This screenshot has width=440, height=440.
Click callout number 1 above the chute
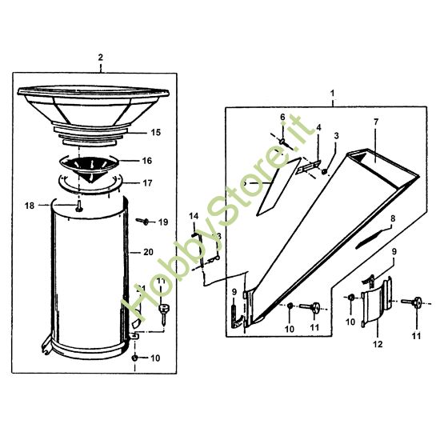[x=331, y=94]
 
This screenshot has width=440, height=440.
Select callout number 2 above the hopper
[x=100, y=58]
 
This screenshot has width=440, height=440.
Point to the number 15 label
[x=155, y=132]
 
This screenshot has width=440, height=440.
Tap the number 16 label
[x=146, y=160]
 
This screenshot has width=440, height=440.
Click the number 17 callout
[x=146, y=182]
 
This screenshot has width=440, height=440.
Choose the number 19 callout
[x=163, y=222]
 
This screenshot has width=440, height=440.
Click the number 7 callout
[x=374, y=122]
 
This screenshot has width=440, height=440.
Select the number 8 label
[x=392, y=218]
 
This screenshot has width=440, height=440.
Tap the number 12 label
[x=378, y=344]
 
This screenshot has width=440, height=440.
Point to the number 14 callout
[x=193, y=216]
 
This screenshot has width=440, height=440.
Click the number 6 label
[x=282, y=117]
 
